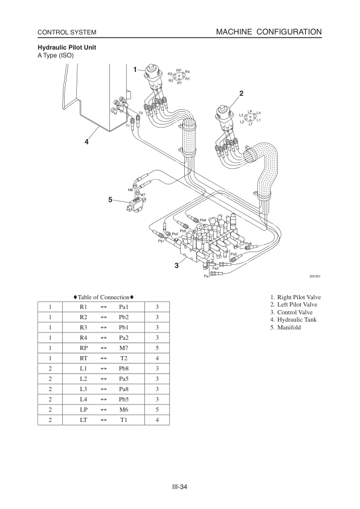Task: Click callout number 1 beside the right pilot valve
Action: tap(135, 70)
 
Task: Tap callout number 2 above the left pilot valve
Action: tap(241, 94)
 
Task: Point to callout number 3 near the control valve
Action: tap(176, 265)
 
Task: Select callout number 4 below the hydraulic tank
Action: tap(86, 141)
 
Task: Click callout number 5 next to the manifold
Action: tap(111, 199)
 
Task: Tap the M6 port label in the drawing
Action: tap(130, 190)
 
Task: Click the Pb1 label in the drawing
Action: tap(161, 241)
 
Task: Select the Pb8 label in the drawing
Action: tap(203, 220)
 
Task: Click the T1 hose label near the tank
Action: tap(127, 126)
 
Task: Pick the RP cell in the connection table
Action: tap(83, 348)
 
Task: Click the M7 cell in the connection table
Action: tap(124, 348)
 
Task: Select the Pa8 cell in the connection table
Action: tap(124, 389)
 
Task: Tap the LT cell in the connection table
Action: tap(83, 420)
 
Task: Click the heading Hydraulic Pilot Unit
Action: tap(67, 47)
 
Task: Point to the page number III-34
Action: tap(180, 487)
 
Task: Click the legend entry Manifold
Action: tap(289, 327)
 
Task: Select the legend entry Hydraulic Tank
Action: tap(297, 319)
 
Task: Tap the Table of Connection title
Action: tap(103, 297)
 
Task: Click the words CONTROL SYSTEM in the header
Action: tap(67, 33)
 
